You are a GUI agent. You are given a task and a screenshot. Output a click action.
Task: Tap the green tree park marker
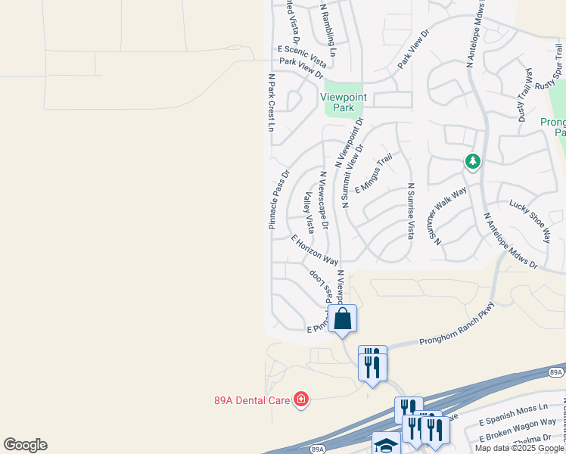[473, 161]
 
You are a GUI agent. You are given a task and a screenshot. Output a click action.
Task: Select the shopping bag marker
[343, 319]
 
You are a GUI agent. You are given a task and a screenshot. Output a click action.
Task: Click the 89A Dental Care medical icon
[301, 399]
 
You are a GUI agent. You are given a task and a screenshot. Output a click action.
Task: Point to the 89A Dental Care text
[253, 399]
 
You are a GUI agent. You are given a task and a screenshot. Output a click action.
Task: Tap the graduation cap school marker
[386, 444]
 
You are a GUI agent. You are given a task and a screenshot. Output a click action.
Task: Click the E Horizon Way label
[314, 248]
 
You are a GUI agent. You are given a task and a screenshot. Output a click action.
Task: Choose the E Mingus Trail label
[373, 172]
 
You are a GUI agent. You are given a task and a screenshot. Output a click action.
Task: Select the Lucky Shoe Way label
[530, 216]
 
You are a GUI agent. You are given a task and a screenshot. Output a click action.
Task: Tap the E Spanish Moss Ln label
[514, 413]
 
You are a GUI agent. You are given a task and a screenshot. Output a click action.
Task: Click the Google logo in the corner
[25, 445]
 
